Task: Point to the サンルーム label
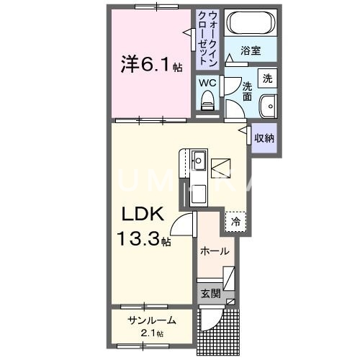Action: [152, 320]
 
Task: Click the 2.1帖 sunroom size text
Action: [152, 333]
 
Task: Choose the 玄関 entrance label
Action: [210, 294]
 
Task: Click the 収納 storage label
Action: [264, 137]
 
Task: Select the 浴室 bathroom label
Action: [251, 52]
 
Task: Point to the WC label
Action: [207, 84]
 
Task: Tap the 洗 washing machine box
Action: [267, 78]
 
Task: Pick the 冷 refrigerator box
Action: [235, 222]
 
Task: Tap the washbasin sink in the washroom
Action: [269, 104]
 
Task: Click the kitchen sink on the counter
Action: [199, 160]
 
